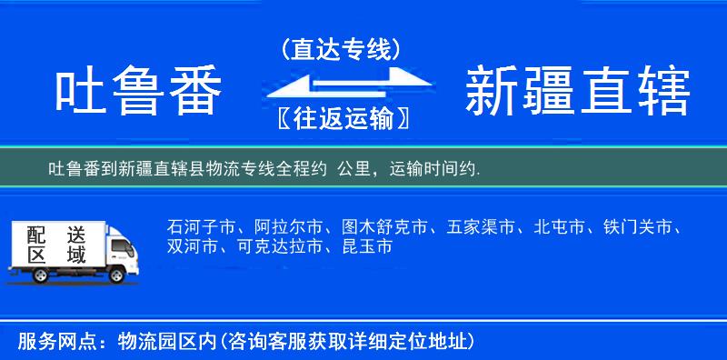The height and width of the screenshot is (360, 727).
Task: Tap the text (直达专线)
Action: click(341, 48)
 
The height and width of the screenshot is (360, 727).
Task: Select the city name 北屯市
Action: click(560, 226)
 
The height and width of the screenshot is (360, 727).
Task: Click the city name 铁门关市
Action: click(642, 226)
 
